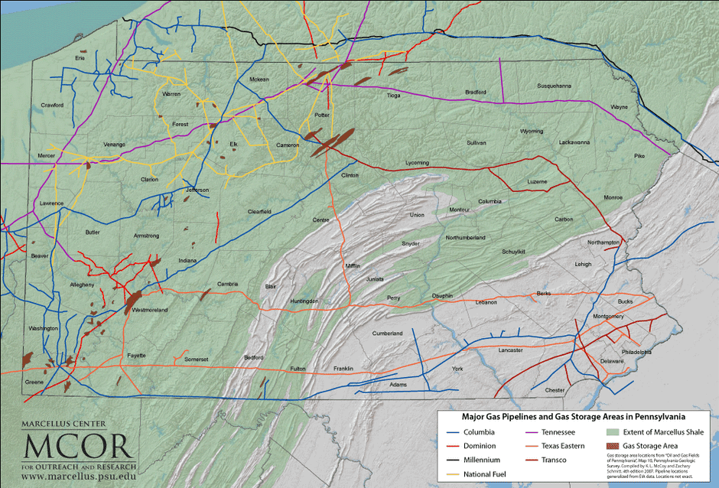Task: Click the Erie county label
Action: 79,57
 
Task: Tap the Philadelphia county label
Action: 636,353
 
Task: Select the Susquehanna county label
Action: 554,86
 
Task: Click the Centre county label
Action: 321,220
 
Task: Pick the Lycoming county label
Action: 417,163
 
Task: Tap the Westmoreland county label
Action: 150,311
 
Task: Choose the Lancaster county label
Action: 510,350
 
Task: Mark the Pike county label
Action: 639,156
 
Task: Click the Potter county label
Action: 321,115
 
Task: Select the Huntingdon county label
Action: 304,301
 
